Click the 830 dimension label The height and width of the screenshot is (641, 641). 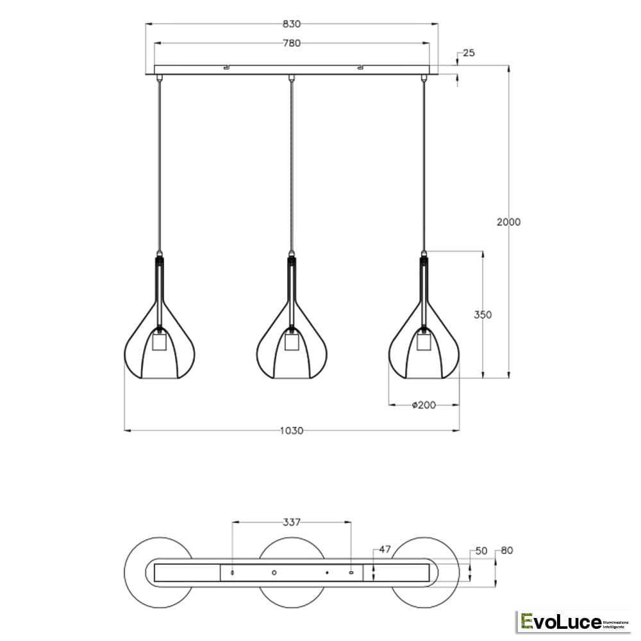coord(292,24)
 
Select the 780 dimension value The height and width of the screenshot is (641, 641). coord(292,44)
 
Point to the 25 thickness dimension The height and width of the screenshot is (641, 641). coord(469,53)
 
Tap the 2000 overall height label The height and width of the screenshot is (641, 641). coord(508,222)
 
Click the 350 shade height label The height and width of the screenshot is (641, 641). coord(483,315)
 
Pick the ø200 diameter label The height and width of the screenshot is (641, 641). coord(424,405)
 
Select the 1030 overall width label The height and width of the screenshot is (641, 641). coord(292,430)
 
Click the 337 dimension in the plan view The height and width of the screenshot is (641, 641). coord(292,522)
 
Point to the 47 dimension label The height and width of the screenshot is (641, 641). coord(385,550)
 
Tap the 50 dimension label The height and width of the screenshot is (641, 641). coord(481,551)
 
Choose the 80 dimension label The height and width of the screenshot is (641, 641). coord(506,551)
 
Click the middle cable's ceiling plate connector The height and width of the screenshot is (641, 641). coord(292,78)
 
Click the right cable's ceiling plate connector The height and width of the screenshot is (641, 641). coord(423,78)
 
